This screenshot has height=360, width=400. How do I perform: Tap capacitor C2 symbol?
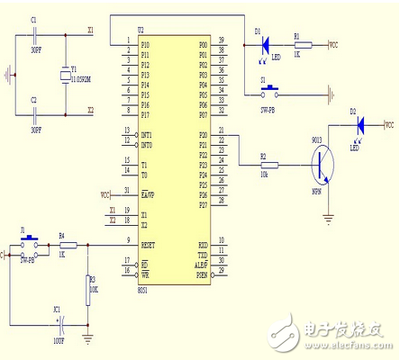(34, 113)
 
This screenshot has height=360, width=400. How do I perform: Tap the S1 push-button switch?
(268, 90)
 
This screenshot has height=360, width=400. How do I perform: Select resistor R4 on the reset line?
(66, 244)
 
